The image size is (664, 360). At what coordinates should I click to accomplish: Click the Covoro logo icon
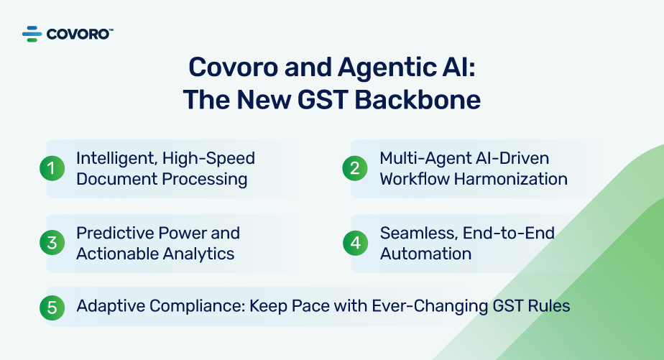click(33, 33)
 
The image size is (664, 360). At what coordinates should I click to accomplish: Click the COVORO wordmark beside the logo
click(79, 33)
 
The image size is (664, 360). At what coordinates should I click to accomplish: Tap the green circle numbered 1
click(52, 168)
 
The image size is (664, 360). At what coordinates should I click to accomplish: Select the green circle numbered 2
click(355, 168)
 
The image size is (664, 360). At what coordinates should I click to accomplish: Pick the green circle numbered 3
click(52, 243)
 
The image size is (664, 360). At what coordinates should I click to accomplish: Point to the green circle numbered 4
click(355, 243)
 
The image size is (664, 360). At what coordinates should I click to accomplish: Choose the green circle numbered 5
click(52, 307)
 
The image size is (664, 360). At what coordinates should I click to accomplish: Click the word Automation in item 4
click(425, 254)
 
